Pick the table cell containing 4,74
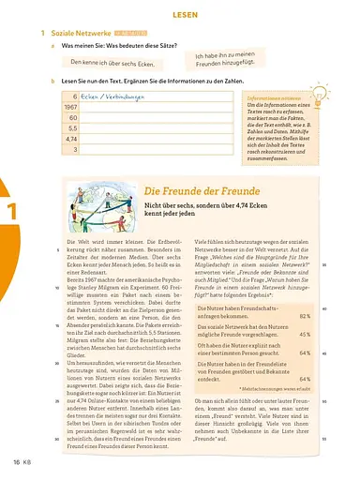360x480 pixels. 69,138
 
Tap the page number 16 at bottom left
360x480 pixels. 16,462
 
